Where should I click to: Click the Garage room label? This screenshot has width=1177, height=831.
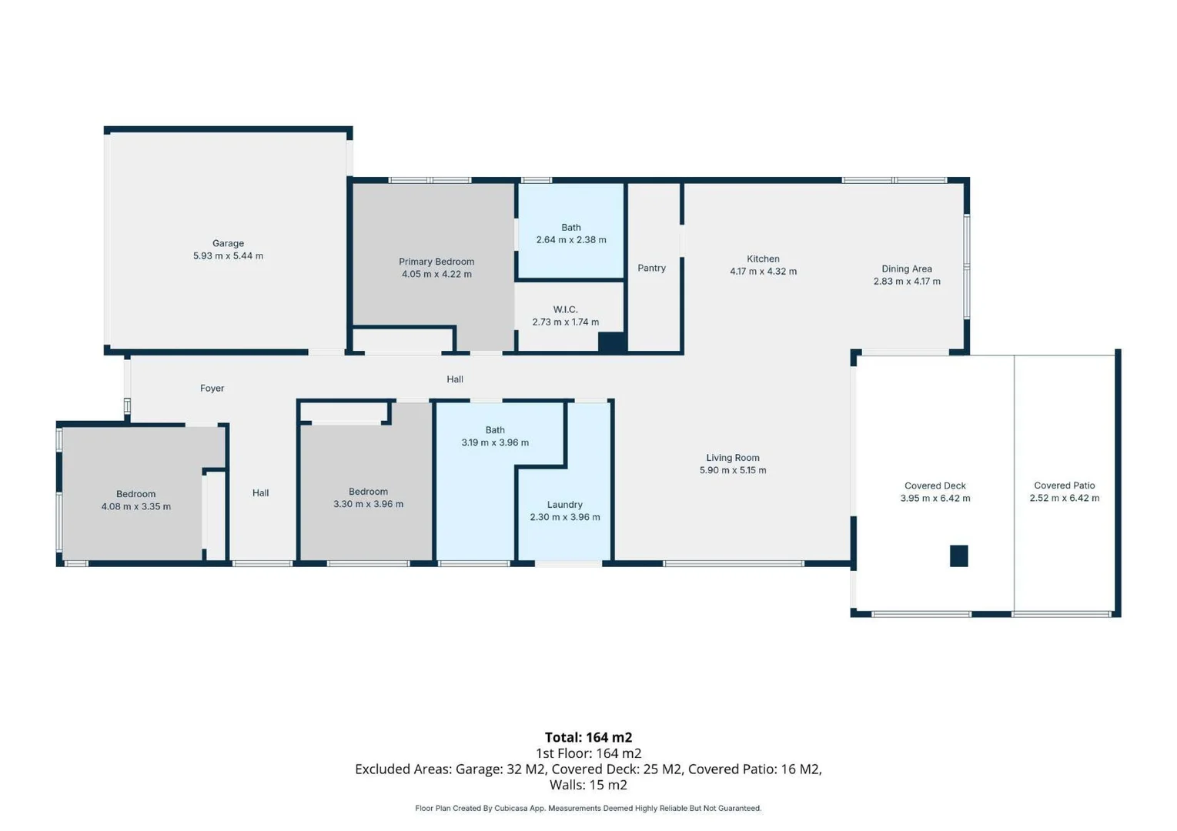[228, 243]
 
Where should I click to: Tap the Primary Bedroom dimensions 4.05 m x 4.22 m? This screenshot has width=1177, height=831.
[436, 274]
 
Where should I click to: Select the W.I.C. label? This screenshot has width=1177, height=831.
[565, 309]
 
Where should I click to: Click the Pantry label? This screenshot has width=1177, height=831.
[651, 268]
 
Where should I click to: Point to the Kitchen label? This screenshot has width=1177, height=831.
[763, 259]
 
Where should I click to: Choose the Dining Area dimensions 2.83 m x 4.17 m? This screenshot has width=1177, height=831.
[907, 282]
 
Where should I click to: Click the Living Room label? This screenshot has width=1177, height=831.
[732, 458]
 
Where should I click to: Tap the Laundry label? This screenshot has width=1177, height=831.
[564, 505]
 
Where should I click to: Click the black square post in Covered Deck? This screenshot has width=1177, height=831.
[958, 556]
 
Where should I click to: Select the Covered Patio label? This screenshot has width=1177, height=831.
[1064, 486]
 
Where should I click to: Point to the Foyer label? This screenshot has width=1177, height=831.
[212, 389]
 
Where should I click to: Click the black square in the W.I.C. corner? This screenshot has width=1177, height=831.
[612, 342]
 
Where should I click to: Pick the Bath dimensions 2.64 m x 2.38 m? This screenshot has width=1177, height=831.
[570, 240]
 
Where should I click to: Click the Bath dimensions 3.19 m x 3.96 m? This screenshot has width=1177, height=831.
[495, 442]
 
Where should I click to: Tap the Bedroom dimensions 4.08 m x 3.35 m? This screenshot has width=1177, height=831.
[136, 506]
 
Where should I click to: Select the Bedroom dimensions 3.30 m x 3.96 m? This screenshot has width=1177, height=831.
[368, 504]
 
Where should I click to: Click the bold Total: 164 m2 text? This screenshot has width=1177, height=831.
[588, 737]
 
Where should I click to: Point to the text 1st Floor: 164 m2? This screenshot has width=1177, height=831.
[588, 753]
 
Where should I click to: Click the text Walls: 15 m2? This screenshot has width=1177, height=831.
[588, 785]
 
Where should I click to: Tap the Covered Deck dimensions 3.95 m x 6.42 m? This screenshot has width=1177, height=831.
[935, 499]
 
